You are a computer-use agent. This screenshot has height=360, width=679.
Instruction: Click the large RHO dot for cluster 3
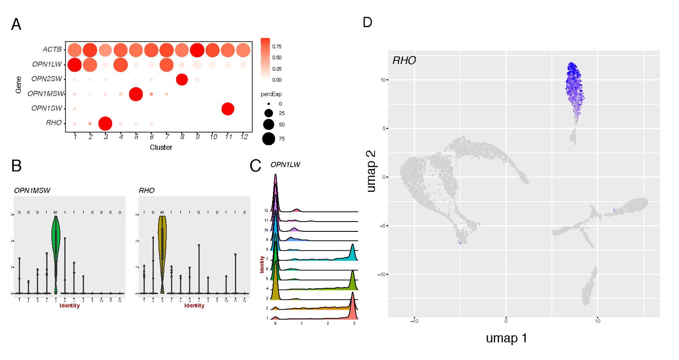[105, 124]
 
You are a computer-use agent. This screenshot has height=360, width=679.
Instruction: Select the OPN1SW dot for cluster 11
[228, 109]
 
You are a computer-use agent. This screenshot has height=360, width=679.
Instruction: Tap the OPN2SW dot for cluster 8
[182, 79]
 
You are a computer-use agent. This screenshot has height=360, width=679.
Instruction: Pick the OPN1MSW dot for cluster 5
[135, 94]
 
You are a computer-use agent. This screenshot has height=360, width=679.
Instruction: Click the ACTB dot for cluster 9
[197, 50]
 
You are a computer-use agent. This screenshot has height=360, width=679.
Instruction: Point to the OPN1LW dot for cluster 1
[75, 65]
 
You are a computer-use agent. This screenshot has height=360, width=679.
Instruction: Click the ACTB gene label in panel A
[52, 50]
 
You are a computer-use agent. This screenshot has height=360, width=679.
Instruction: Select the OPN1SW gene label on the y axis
[47, 108]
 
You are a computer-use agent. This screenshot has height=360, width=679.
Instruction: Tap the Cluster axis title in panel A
[161, 147]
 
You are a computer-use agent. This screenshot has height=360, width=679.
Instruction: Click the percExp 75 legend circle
[268, 139]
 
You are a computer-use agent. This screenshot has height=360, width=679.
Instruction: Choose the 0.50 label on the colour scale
[277, 58]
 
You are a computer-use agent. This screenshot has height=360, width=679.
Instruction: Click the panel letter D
[367, 22]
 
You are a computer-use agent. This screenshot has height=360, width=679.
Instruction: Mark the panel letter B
[16, 166]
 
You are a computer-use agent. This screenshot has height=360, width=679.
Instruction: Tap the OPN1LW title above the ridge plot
[285, 165]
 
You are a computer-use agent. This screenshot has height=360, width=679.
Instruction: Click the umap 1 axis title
[506, 338]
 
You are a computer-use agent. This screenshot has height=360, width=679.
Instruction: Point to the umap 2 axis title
[371, 171]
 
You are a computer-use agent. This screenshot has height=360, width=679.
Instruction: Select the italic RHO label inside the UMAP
[404, 61]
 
